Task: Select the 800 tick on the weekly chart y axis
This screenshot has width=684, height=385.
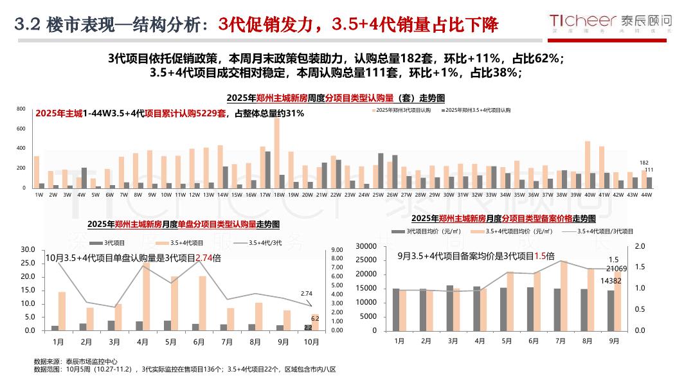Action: (21, 109)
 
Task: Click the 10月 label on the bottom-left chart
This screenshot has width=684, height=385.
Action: (310, 341)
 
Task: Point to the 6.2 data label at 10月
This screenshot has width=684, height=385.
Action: (315, 318)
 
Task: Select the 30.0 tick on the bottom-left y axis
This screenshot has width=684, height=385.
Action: (28, 250)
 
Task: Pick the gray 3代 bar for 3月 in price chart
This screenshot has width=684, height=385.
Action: (449, 308)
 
